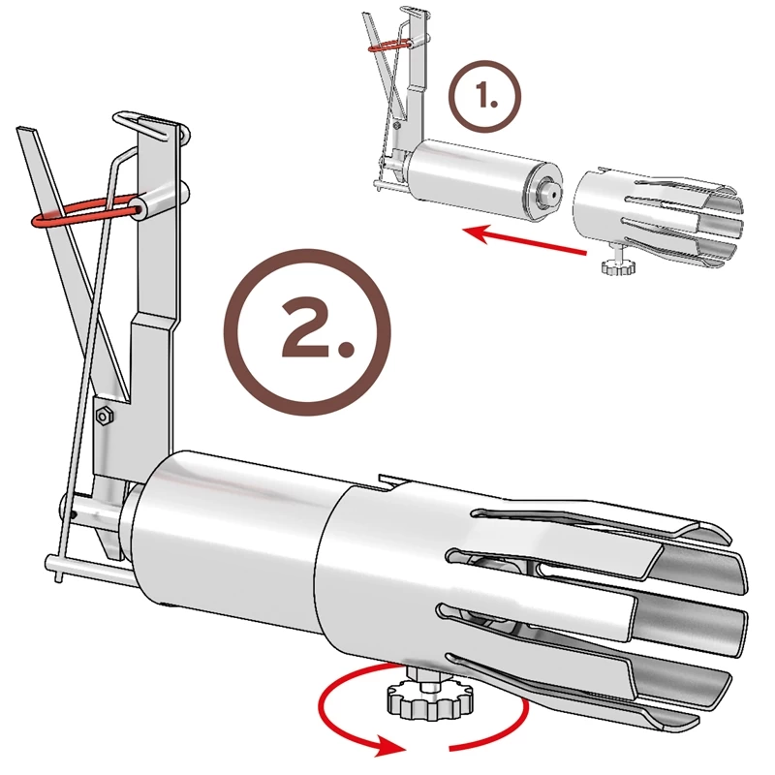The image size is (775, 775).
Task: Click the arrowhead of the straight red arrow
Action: pos(469,232)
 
